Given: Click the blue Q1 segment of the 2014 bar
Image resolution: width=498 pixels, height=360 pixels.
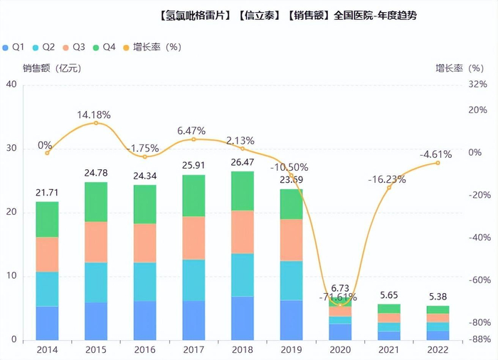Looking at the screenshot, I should (47, 322).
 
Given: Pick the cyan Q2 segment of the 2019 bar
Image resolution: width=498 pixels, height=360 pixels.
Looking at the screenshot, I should (291, 280).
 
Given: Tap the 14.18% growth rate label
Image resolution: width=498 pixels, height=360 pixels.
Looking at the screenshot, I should (96, 114).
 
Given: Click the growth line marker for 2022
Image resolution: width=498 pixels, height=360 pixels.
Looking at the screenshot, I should (438, 163).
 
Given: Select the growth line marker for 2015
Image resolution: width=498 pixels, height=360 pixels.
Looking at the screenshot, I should (96, 123).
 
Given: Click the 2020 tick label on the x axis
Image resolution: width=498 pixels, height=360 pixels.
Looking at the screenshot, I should (339, 349).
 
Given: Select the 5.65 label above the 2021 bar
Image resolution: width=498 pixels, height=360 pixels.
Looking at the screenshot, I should (388, 295).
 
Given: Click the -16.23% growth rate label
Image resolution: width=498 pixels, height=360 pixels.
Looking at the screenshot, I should (387, 179).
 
